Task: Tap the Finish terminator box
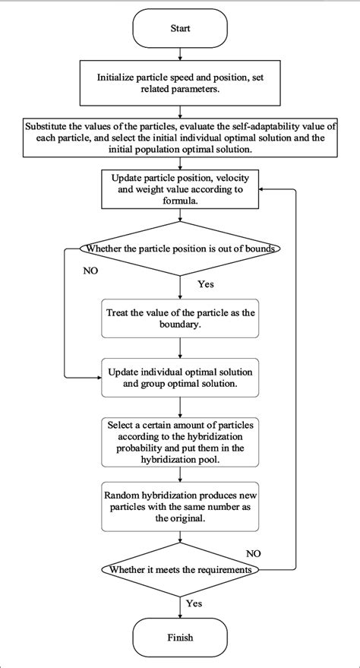pyautogui.click(x=180, y=638)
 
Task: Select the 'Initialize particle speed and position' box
pyautogui.click(x=180, y=83)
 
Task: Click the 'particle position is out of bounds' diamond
pyautogui.click(x=180, y=249)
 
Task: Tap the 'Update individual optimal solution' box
pyautogui.click(x=180, y=376)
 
